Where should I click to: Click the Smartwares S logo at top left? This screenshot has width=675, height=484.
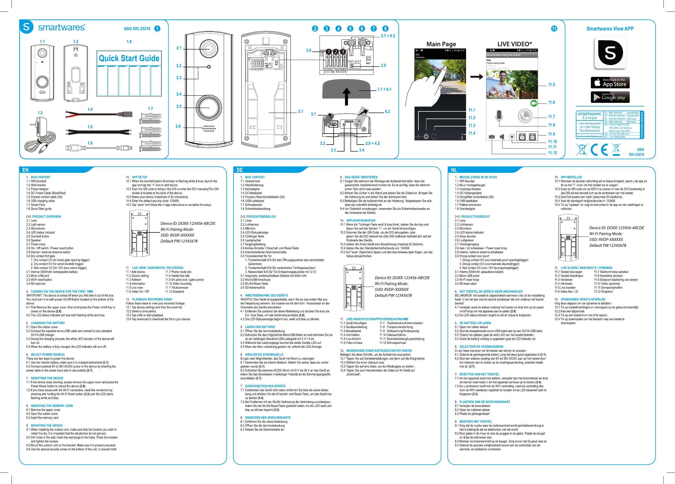(27, 27)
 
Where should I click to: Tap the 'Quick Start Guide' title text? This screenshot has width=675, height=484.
(129, 58)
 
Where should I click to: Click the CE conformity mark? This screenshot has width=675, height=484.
(599, 150)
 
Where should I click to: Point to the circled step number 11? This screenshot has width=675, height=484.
(554, 28)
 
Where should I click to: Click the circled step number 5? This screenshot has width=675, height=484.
(350, 28)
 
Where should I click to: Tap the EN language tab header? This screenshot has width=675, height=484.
(25, 170)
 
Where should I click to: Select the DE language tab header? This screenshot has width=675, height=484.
(240, 170)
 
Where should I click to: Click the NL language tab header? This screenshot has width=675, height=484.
(454, 170)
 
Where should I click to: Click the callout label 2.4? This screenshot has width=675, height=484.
(179, 94)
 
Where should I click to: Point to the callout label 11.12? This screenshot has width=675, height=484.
(552, 153)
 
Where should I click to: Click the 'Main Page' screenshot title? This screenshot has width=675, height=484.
(441, 44)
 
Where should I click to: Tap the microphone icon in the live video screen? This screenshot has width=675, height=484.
(499, 116)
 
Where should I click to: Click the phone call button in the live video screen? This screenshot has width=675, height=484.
(525, 116)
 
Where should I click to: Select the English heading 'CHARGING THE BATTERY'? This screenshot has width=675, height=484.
(48, 323)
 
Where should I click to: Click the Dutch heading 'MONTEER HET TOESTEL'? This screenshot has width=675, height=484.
(476, 422)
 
